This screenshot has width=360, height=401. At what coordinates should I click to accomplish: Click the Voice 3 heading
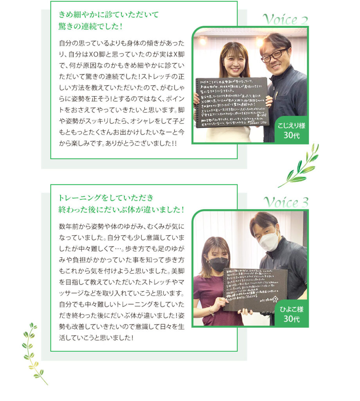tap(286, 202)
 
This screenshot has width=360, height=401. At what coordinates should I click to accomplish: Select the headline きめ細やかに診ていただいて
tap(109, 15)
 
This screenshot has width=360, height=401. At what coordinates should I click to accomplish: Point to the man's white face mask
tap(269, 241)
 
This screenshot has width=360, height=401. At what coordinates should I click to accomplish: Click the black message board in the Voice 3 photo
tap(255, 289)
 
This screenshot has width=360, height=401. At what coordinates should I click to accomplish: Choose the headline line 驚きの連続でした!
tap(91, 27)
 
